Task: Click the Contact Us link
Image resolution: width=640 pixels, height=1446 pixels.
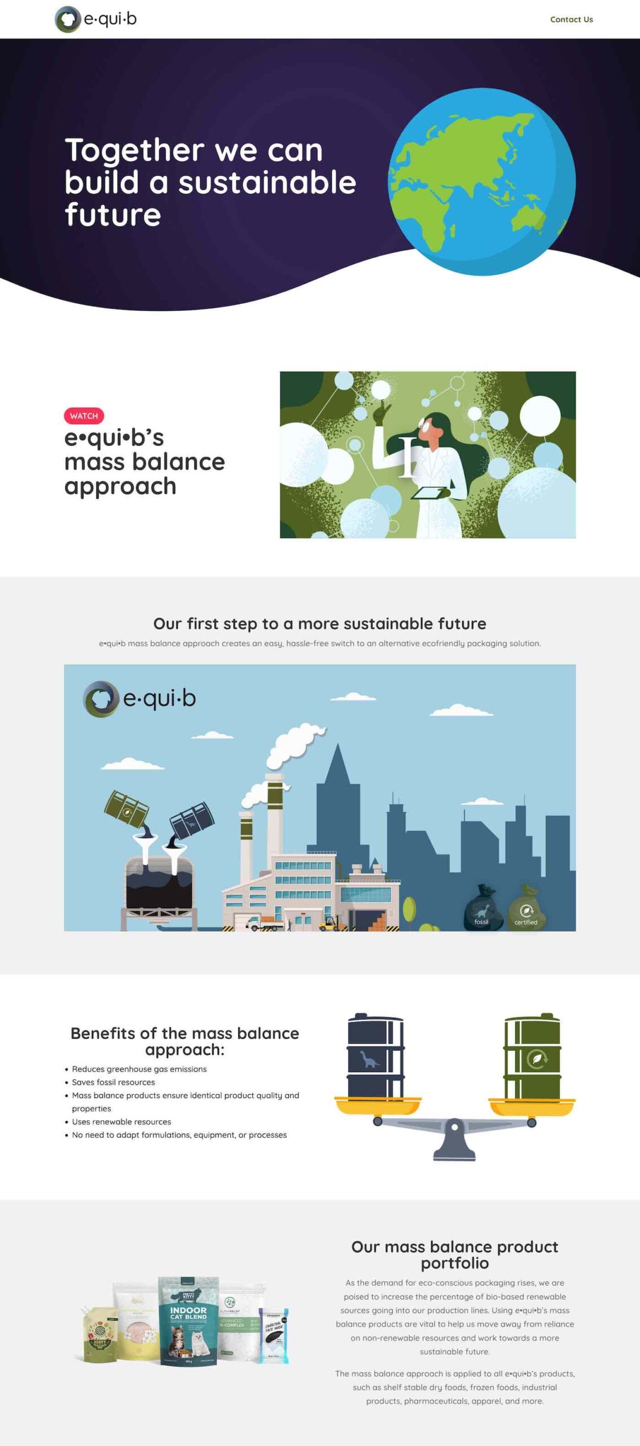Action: point(571,19)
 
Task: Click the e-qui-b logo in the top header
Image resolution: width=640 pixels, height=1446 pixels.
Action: point(96,19)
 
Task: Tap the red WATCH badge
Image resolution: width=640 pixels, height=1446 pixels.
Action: point(84,416)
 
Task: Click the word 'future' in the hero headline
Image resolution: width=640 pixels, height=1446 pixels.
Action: point(113,215)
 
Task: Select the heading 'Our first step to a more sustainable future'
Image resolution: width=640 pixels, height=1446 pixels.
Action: point(319,624)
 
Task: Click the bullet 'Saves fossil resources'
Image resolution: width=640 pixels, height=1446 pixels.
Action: point(113,1082)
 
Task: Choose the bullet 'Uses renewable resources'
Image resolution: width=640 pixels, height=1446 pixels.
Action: point(121,1122)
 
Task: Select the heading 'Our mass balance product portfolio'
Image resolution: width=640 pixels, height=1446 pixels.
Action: point(454,1255)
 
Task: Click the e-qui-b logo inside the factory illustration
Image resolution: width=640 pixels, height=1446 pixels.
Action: point(140,699)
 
